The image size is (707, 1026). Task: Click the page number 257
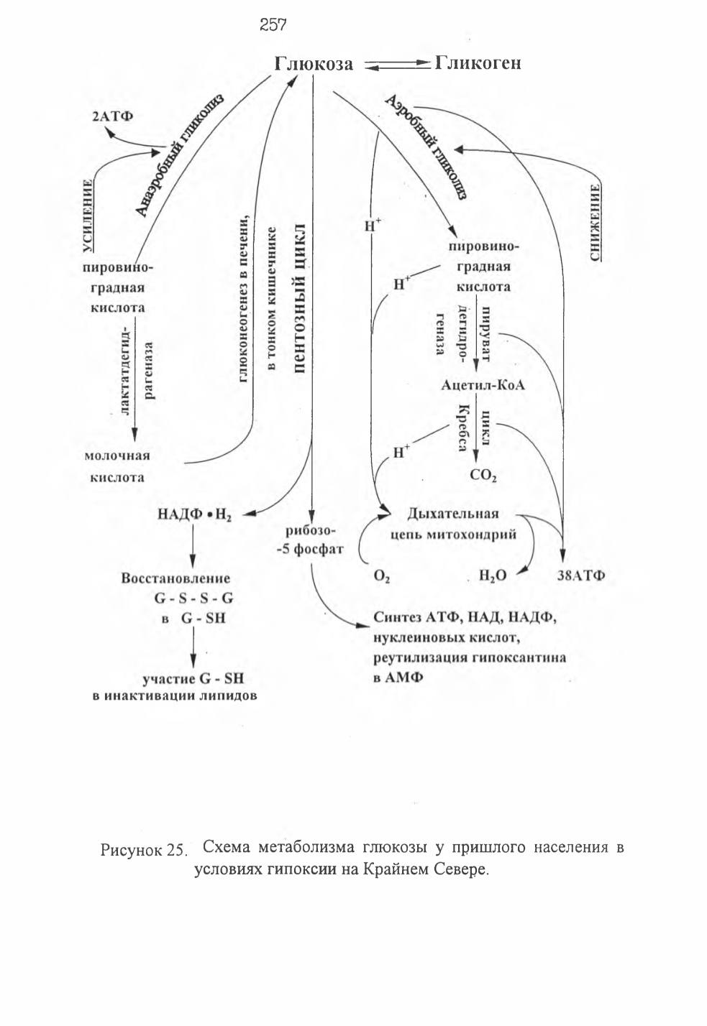(x=273, y=24)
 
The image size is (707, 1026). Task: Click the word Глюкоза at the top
(x=314, y=64)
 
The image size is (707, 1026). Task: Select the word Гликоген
(x=478, y=63)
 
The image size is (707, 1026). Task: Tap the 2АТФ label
(x=112, y=116)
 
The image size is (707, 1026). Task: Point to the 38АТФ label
(x=581, y=576)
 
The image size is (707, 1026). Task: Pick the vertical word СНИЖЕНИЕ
(x=596, y=223)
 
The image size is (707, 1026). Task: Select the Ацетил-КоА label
(x=483, y=385)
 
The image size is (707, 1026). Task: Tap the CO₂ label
(x=483, y=476)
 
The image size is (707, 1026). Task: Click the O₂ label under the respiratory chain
(x=382, y=576)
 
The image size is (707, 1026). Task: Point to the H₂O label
(x=493, y=576)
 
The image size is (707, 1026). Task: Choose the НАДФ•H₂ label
(x=194, y=515)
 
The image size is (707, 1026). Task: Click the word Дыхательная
(x=453, y=514)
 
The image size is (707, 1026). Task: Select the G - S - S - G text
(x=194, y=598)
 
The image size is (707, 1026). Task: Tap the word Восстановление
(x=175, y=578)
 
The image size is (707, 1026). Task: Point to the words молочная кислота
(x=117, y=467)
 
